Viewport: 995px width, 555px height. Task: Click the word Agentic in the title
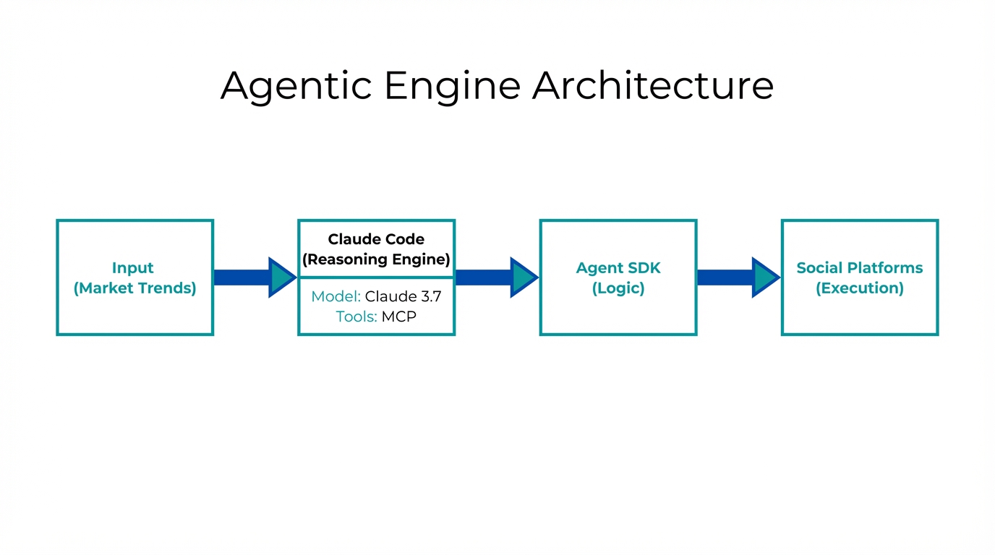(x=296, y=85)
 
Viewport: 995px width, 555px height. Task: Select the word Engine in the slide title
(x=452, y=85)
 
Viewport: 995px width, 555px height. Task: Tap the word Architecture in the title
(x=652, y=85)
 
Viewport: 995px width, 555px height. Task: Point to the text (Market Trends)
(x=134, y=288)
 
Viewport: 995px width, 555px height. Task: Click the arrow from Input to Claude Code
(x=254, y=277)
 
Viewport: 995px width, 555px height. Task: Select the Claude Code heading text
(x=376, y=239)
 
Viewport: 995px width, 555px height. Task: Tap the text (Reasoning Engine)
(x=376, y=259)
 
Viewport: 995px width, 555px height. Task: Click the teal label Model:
(x=336, y=296)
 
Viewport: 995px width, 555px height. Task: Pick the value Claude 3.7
(x=403, y=296)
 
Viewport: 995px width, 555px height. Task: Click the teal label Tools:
(x=356, y=317)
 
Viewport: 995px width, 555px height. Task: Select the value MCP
(x=398, y=317)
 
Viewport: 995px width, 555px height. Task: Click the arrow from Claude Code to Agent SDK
(x=496, y=277)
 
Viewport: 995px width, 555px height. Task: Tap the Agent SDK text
(x=618, y=268)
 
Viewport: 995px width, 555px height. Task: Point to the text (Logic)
(x=618, y=288)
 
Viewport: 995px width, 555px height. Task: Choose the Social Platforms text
(x=860, y=268)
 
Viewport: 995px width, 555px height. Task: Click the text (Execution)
(x=860, y=288)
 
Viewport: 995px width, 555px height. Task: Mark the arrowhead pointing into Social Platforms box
(x=764, y=277)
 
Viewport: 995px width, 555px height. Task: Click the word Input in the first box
(x=133, y=268)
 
